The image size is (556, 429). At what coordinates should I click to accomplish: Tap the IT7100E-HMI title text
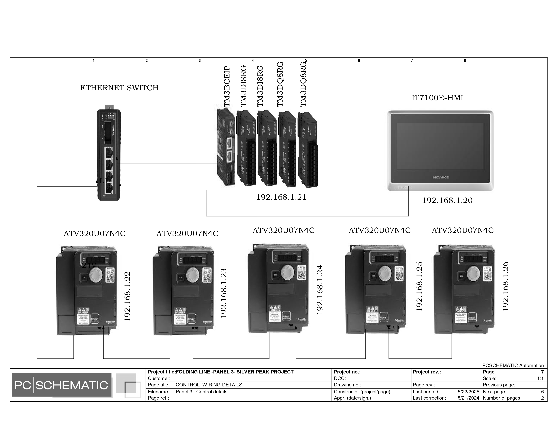pyautogui.click(x=437, y=98)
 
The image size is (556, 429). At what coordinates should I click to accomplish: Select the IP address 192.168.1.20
pyautogui.click(x=447, y=201)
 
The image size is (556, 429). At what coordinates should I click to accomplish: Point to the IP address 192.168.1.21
pyautogui.click(x=281, y=197)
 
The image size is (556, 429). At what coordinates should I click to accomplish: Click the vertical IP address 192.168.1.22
pyautogui.click(x=127, y=296)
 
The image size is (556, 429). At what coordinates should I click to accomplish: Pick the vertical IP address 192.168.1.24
pyautogui.click(x=320, y=290)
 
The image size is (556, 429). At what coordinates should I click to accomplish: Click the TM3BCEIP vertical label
pyautogui.click(x=227, y=86)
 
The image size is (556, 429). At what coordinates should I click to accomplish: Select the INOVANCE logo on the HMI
pyautogui.click(x=440, y=177)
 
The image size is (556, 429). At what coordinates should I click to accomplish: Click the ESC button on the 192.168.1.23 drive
pyautogui.click(x=181, y=278)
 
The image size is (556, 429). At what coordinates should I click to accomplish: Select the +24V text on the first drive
pyautogui.click(x=87, y=265)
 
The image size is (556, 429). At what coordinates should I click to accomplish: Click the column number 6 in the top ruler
pyautogui.click(x=359, y=61)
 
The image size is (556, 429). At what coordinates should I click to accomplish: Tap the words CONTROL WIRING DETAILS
pyautogui.click(x=209, y=385)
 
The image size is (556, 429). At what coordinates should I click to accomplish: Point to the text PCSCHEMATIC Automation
pyautogui.click(x=513, y=365)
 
